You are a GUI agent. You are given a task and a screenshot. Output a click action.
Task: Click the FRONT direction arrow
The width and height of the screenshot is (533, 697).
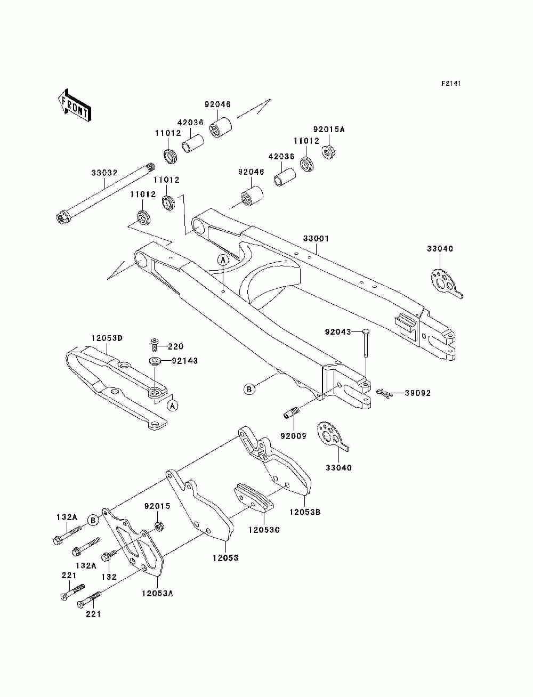click(x=75, y=105)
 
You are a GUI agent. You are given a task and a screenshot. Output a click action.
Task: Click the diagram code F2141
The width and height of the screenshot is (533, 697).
click(x=451, y=84)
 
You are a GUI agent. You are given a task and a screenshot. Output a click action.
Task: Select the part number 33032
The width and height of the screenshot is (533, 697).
click(x=104, y=173)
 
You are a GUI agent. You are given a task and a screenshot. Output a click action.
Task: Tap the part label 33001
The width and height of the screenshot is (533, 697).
click(x=316, y=238)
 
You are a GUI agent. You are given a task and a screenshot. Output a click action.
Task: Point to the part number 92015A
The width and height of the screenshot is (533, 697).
click(x=329, y=129)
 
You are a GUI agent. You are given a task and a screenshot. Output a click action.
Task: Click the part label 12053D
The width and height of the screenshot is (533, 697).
click(x=107, y=338)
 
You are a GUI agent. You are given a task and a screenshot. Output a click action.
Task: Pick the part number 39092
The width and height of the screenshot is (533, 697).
click(x=418, y=393)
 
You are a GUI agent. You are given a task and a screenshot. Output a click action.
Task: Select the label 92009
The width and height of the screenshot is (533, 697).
click(x=293, y=436)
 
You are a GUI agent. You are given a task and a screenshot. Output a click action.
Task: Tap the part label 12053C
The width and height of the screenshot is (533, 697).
click(x=264, y=530)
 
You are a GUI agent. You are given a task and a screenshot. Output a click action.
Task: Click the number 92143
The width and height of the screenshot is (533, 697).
click(x=185, y=361)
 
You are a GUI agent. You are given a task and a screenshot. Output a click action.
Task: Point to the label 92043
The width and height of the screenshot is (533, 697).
click(x=337, y=332)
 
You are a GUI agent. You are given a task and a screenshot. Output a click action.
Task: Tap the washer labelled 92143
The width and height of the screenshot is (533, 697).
click(x=155, y=361)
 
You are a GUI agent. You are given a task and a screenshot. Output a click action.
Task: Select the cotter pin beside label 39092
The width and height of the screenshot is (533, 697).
click(x=384, y=393)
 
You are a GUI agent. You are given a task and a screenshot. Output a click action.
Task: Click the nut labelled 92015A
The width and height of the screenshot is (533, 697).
click(x=329, y=151)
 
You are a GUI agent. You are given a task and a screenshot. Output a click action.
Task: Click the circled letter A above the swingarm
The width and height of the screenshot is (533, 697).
click(x=223, y=260)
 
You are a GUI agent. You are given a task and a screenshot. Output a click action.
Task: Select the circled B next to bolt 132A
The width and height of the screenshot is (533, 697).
click(x=93, y=520)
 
